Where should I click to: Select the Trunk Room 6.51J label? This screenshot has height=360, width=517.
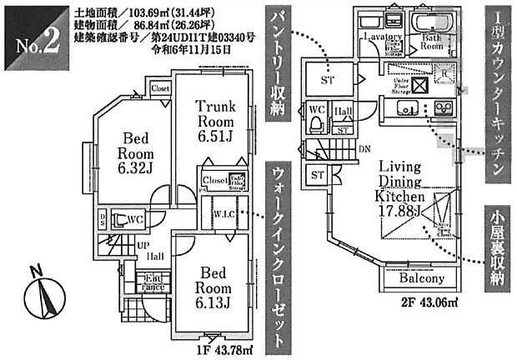[215, 119]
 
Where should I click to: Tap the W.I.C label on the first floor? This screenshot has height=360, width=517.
[223, 212]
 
